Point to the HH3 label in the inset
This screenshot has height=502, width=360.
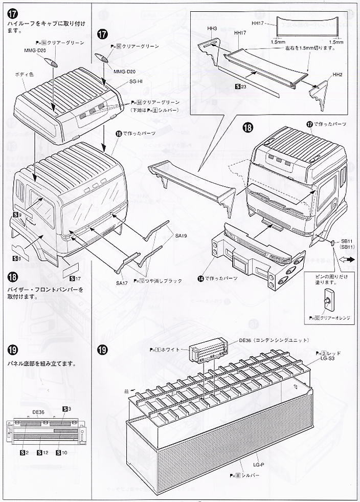[x=199, y=29]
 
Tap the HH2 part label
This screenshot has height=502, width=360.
[x=337, y=74]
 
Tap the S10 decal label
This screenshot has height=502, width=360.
[x=61, y=453]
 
